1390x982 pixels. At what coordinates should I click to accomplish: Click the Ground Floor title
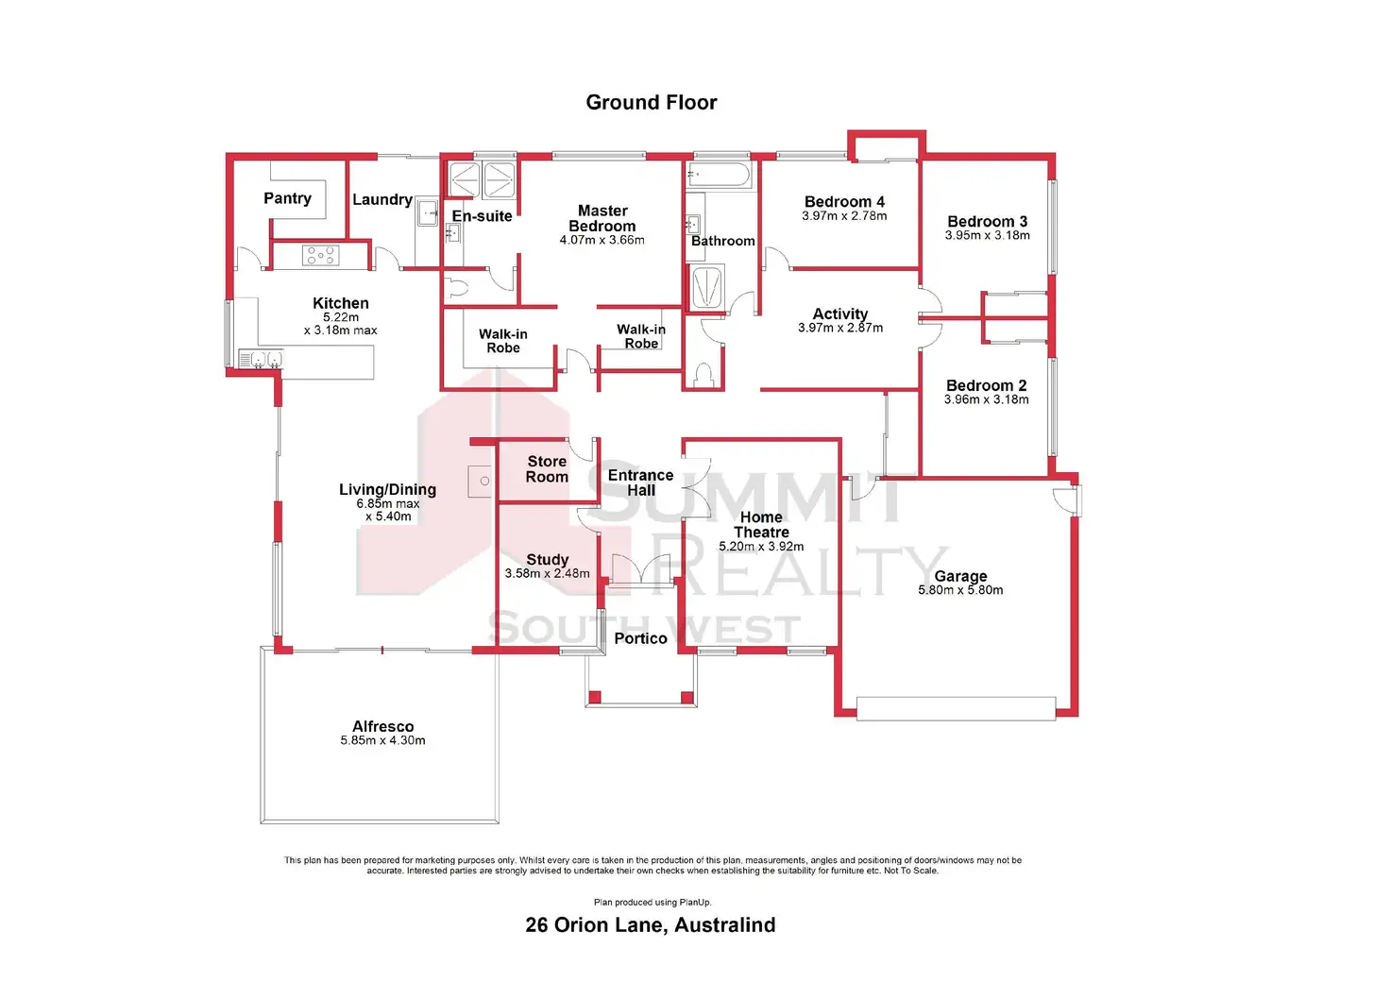point(651,102)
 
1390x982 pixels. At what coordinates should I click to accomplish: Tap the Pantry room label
point(287,198)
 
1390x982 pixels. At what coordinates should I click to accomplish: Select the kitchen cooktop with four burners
point(320,255)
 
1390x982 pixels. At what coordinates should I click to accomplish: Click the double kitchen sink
point(262,359)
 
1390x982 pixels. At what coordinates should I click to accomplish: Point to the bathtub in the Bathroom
point(719,175)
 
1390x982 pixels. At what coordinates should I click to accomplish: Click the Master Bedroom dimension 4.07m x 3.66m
point(602,240)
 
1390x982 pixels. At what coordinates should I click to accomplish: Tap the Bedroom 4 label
point(844,202)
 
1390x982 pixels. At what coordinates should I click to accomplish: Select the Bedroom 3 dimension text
point(988,236)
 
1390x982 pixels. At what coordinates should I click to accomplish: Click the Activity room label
point(840,313)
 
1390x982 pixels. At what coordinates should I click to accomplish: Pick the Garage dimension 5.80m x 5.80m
point(960,590)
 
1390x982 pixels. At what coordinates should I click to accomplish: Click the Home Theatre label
point(761,525)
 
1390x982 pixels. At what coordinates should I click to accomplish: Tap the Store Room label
point(547,469)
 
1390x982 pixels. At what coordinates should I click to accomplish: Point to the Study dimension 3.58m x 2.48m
point(548,574)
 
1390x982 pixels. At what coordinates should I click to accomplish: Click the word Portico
point(640,638)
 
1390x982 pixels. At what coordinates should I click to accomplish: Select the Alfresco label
point(382,726)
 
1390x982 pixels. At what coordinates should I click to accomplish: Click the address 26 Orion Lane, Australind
point(651,925)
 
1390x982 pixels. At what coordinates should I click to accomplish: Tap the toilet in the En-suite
point(456,288)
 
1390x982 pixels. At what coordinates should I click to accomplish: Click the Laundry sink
point(427,212)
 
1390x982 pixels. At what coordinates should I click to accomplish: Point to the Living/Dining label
point(388,489)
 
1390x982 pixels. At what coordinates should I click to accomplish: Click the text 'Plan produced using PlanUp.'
point(653,902)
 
